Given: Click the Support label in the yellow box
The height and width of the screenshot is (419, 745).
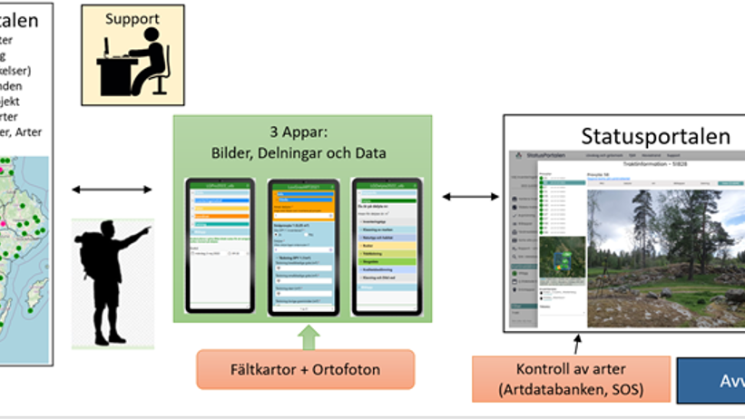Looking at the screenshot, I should coord(132,18).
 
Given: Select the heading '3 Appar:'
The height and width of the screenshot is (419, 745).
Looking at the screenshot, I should coord(302,131).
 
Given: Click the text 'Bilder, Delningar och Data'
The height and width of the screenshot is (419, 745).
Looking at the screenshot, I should coord(302,152).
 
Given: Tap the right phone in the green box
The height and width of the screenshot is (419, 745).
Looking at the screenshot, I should coord(387,246).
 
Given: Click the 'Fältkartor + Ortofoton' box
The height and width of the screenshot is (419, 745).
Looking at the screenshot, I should coord(305,370).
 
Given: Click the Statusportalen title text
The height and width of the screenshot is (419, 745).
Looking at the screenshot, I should coord(655,136).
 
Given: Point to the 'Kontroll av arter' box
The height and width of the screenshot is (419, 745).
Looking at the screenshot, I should coord(571,378).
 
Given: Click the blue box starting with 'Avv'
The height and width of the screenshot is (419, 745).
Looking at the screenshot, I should coord(711,379).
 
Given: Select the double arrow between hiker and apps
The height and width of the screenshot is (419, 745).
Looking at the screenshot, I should coord(113,189).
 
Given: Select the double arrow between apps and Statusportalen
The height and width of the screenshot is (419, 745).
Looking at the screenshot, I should coord(468,196).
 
